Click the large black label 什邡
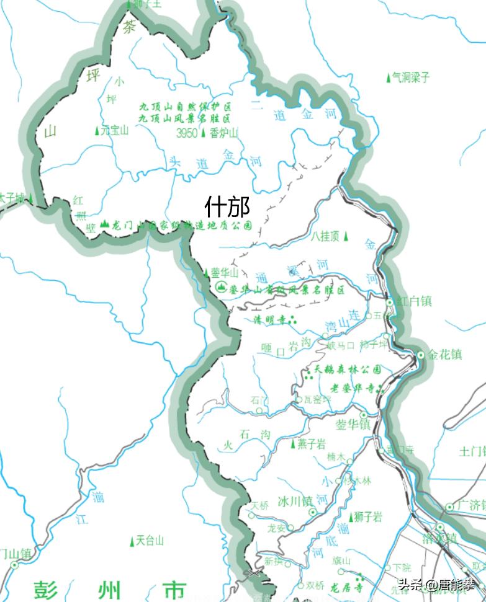(227, 205)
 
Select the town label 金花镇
(444, 355)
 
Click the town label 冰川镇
(294, 501)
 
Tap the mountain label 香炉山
(223, 133)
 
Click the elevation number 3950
(187, 133)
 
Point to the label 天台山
(150, 541)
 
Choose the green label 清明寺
(272, 320)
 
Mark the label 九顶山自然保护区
(185, 106)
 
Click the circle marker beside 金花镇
(421, 355)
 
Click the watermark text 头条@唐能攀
(436, 584)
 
